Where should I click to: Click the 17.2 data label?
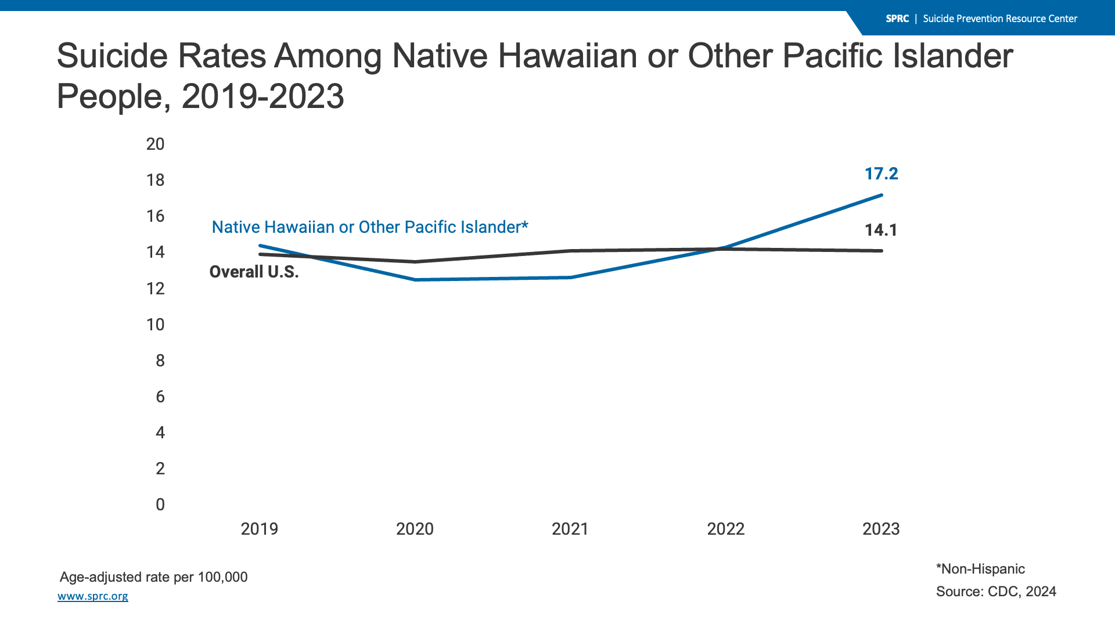tap(881, 174)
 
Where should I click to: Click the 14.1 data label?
tap(881, 230)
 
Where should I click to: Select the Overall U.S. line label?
tap(254, 272)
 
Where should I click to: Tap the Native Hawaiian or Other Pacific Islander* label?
tap(370, 227)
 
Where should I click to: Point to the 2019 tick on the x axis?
tap(260, 529)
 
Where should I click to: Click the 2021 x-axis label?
tap(570, 529)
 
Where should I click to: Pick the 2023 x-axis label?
tap(881, 529)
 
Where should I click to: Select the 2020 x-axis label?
tap(415, 529)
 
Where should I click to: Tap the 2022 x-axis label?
tap(726, 529)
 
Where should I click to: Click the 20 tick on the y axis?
tap(156, 144)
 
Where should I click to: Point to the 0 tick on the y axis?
tap(160, 505)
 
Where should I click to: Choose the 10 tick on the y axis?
tap(156, 325)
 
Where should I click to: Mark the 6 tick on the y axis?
tap(160, 397)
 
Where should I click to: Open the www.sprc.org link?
tap(93, 596)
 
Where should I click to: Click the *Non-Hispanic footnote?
tap(980, 569)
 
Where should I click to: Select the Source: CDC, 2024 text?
tap(996, 592)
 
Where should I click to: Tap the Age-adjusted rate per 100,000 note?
tap(154, 577)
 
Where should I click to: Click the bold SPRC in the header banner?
tap(897, 19)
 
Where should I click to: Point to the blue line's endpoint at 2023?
tap(882, 195)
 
